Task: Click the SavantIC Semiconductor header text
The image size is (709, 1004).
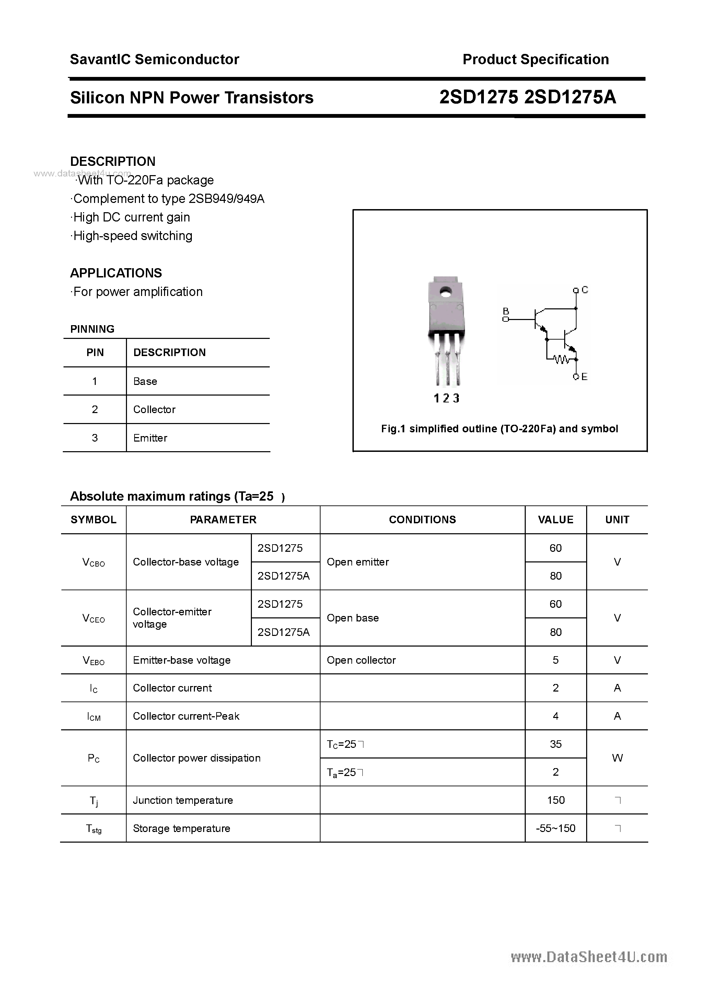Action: [x=154, y=59]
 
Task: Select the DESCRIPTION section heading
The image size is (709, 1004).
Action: [x=113, y=161]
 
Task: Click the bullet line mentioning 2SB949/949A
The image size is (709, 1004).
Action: [x=168, y=199]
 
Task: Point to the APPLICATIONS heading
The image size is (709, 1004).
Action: [x=116, y=273]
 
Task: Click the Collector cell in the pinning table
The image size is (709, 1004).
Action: [x=154, y=409]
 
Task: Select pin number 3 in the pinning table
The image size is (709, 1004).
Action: [x=95, y=438]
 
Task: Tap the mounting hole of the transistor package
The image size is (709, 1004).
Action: [x=446, y=291]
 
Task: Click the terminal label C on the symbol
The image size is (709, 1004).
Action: [x=585, y=290]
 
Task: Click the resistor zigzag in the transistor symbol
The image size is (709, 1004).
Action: [x=561, y=360]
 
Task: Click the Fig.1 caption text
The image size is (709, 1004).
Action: [x=499, y=429]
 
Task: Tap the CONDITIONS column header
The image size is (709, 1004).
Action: [x=422, y=520]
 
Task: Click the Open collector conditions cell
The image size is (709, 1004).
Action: [x=361, y=660]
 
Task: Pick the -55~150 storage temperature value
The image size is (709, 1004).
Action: [x=556, y=828]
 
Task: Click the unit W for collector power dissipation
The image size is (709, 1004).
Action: [x=617, y=758]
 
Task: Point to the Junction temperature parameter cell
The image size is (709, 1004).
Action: [x=183, y=800]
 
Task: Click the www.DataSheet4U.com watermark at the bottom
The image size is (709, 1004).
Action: [x=589, y=957]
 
